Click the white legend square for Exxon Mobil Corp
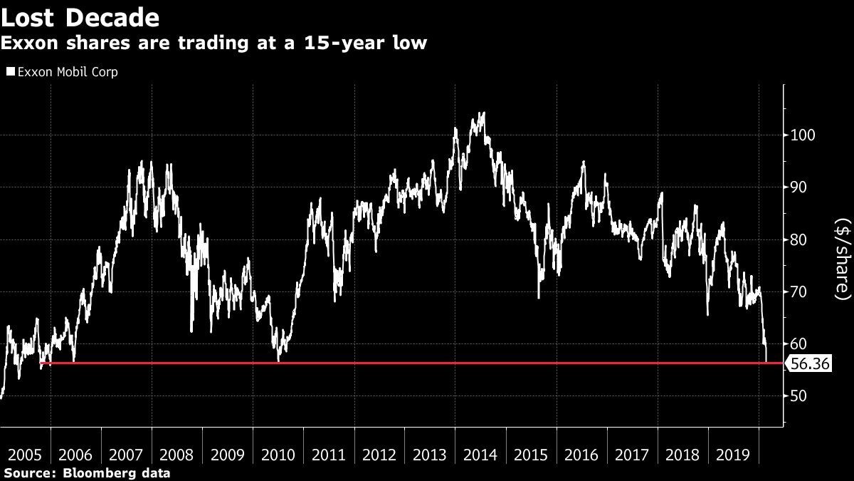point(9,72)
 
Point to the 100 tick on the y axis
point(803,135)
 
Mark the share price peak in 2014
point(483,113)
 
